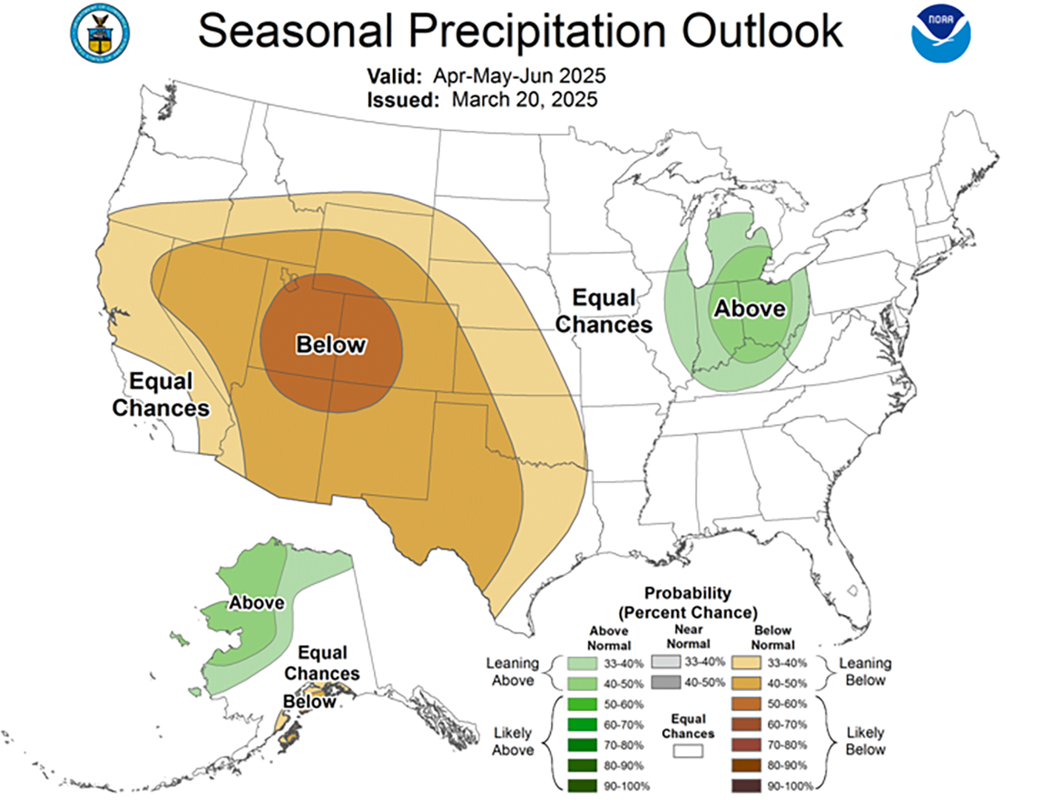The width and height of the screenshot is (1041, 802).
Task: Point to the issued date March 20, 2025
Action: [524, 100]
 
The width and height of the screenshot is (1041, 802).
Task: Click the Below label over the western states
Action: [331, 345]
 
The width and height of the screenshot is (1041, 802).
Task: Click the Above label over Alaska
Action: [257, 603]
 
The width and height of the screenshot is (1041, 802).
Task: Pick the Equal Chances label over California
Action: [161, 394]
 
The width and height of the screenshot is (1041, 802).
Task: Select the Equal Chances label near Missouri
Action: [604, 312]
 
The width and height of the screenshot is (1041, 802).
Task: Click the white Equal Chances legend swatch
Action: [685, 753]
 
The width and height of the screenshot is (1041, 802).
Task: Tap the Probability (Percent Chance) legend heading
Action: [688, 602]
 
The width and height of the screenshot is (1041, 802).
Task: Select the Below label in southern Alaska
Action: [310, 701]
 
